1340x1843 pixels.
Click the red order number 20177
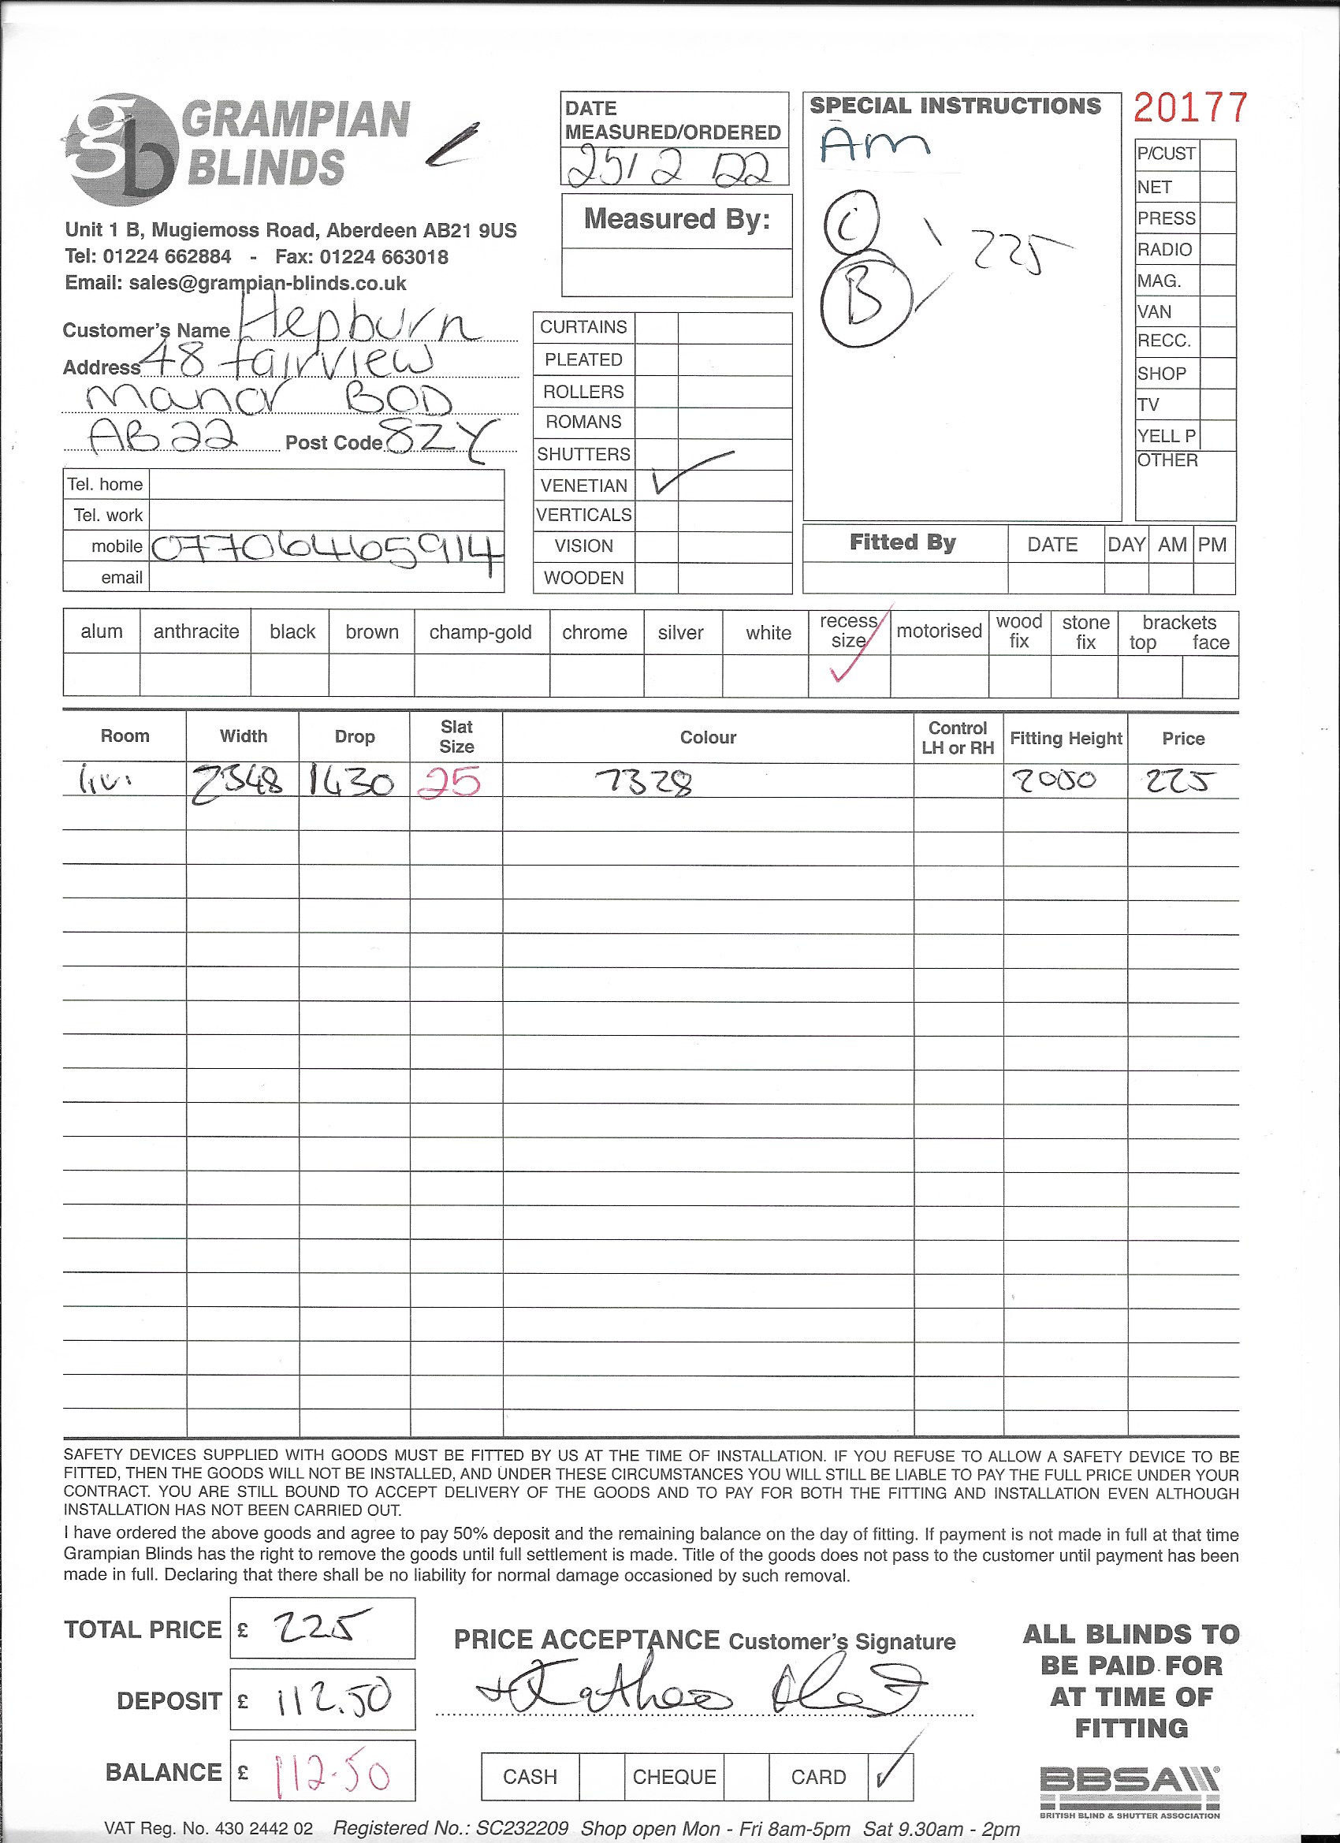point(1189,108)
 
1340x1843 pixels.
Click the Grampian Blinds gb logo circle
point(122,150)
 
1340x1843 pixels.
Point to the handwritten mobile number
point(326,549)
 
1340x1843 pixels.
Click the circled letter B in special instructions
point(864,300)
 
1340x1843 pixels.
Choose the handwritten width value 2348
point(237,783)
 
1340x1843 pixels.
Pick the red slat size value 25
point(449,782)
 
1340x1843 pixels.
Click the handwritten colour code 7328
point(646,783)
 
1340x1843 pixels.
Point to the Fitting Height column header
point(1066,739)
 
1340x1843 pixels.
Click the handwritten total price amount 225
point(322,1628)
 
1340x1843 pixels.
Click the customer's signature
point(699,1695)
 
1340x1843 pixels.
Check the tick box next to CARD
point(890,1777)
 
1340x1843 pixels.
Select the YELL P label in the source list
point(1166,436)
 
